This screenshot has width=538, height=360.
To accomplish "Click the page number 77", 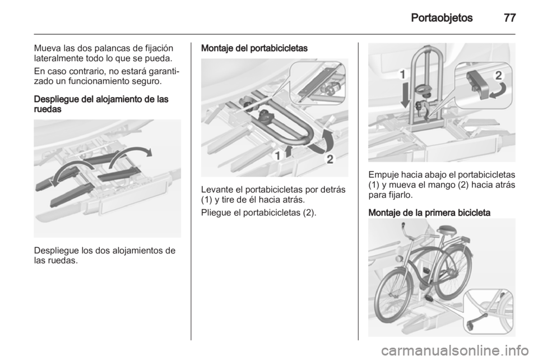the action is (509, 17).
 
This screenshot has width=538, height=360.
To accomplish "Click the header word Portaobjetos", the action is (442, 18).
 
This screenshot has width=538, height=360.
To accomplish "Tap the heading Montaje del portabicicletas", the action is (254, 48).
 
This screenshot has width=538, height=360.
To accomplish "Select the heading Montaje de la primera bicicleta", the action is (429, 213).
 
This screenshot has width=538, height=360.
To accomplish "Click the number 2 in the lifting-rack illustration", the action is (330, 159).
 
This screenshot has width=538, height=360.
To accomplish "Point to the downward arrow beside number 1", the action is (406, 94).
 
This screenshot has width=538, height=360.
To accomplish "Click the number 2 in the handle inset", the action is (499, 76).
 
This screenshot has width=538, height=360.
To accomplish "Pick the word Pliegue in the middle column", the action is (216, 213).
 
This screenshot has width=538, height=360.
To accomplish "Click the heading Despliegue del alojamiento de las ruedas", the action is (101, 104).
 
